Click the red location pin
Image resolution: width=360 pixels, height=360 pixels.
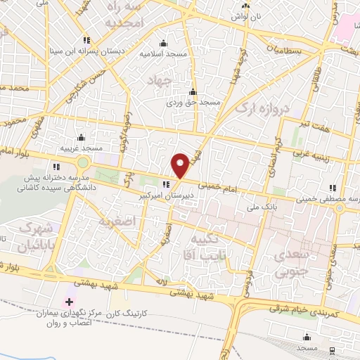181,165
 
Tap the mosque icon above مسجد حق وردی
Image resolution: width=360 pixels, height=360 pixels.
193,91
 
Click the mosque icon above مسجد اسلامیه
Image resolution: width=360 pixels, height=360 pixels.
164,43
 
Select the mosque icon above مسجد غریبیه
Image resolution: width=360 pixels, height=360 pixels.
81,137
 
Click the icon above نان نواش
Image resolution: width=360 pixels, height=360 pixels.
245,4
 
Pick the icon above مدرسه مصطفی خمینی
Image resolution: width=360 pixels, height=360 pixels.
333,186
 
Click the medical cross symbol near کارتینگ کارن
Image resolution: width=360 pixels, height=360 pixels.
68,302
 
